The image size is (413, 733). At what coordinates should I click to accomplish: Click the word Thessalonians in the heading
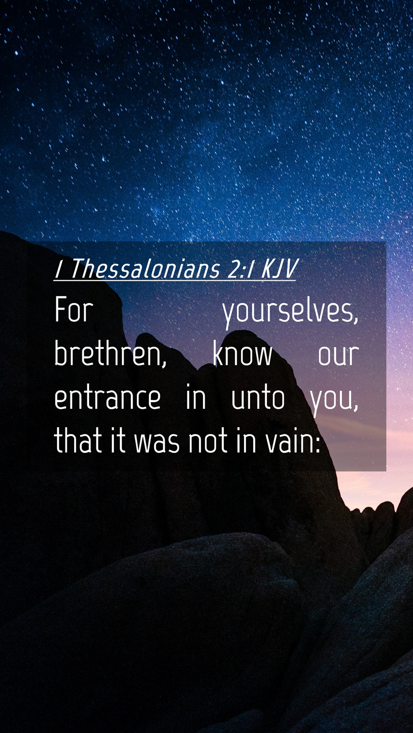[145, 269]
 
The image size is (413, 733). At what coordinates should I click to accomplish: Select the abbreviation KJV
[279, 269]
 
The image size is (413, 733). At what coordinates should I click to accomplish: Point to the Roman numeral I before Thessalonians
[59, 269]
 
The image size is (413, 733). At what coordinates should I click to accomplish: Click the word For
[74, 310]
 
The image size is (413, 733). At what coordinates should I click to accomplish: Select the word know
[242, 353]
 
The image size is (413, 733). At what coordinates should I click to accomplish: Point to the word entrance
[107, 398]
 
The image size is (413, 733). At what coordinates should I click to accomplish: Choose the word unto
[258, 398]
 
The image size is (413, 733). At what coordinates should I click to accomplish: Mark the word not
[208, 441]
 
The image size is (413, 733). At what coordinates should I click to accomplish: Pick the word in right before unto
[196, 398]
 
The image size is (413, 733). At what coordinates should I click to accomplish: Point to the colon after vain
[317, 444]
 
